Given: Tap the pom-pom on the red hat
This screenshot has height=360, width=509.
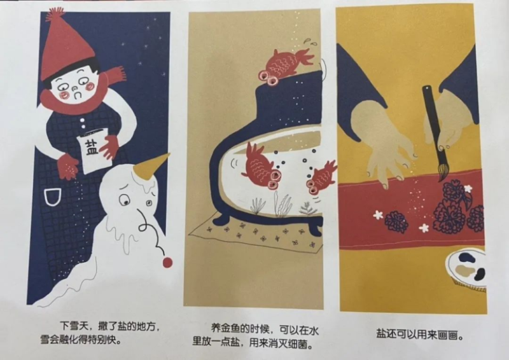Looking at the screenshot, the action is coord(55,14).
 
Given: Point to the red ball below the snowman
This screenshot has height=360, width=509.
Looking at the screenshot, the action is coord(167,262).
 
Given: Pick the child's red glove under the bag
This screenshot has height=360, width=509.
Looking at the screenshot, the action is coord(68,166).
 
